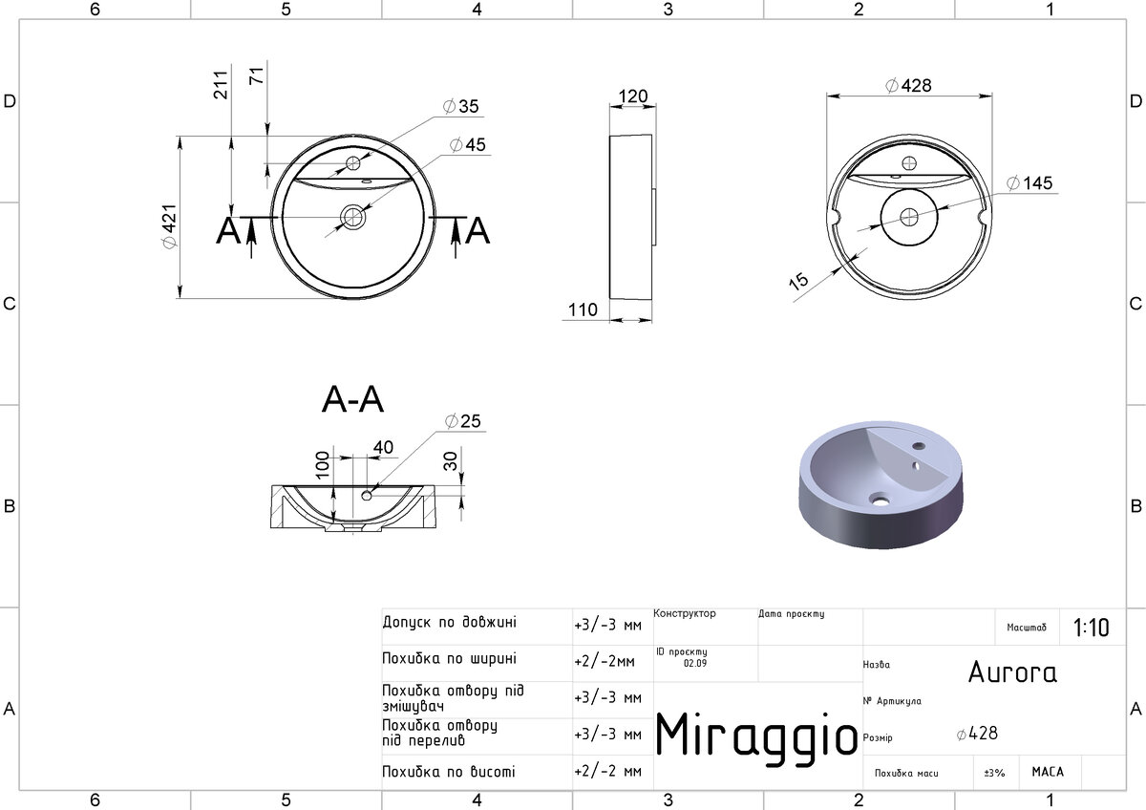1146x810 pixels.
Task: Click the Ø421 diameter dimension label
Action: pyautogui.click(x=170, y=226)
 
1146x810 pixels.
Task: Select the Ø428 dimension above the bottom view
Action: pyautogui.click(x=908, y=85)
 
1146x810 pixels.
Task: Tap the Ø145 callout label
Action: pyautogui.click(x=1029, y=182)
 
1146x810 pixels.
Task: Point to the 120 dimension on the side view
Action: pyautogui.click(x=633, y=96)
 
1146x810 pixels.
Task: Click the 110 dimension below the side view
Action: pyautogui.click(x=583, y=309)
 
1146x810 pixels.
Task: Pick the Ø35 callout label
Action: pyautogui.click(x=460, y=106)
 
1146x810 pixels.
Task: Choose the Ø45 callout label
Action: pyautogui.click(x=468, y=145)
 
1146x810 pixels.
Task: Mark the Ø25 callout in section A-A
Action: pyautogui.click(x=463, y=421)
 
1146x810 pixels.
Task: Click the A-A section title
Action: pyautogui.click(x=352, y=399)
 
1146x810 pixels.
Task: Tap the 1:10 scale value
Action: pyautogui.click(x=1092, y=628)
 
